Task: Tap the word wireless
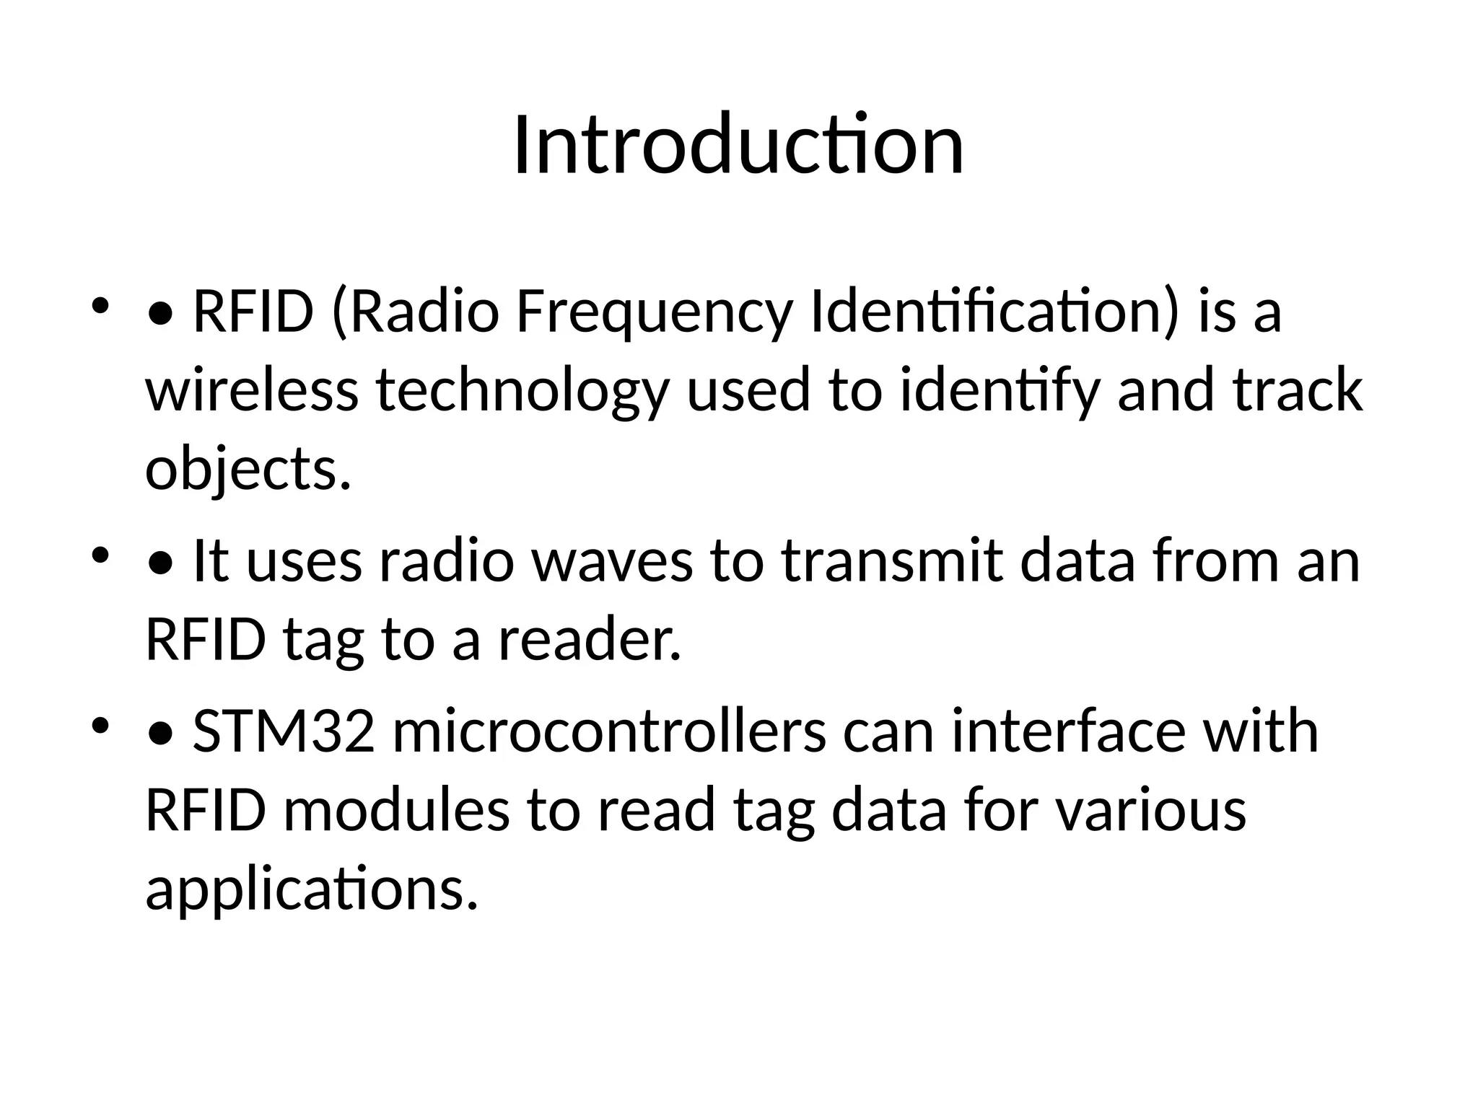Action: click(252, 390)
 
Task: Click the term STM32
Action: click(284, 731)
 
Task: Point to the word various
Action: click(1151, 810)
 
